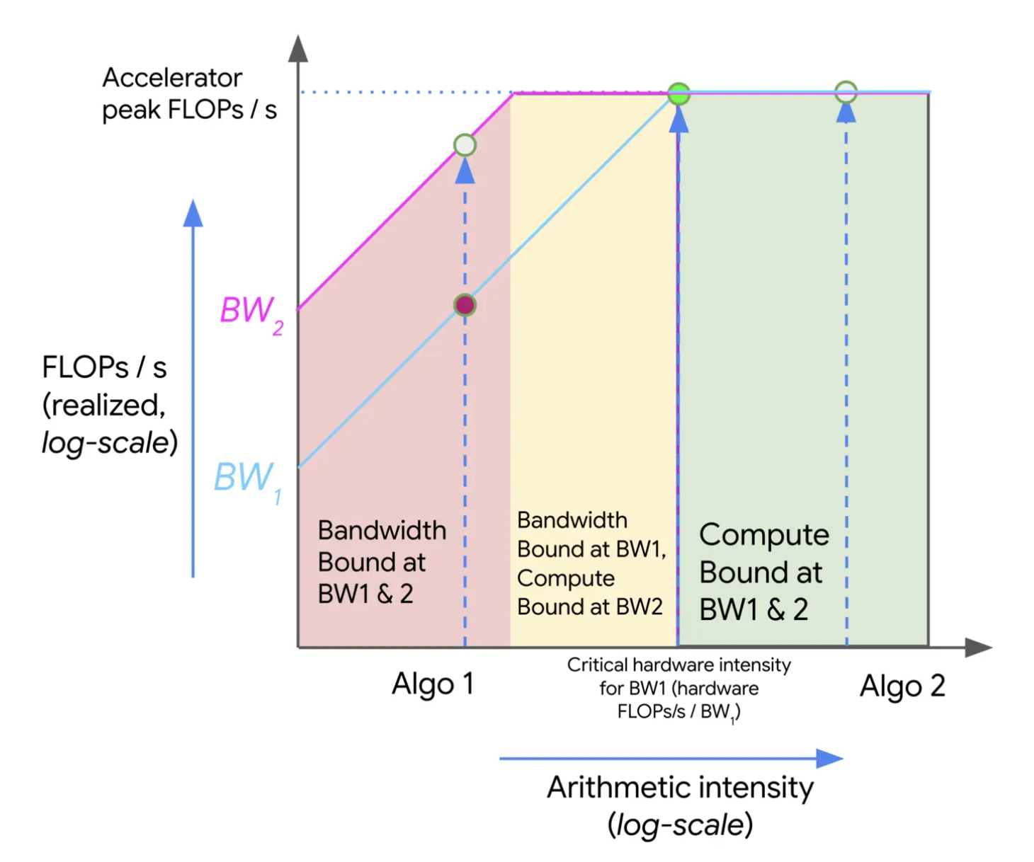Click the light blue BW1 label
pyautogui.click(x=246, y=479)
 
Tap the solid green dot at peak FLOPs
pyautogui.click(x=679, y=93)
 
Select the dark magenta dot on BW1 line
pyautogui.click(x=465, y=305)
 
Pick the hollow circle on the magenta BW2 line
pyautogui.click(x=465, y=145)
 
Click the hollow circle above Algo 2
pyautogui.click(x=846, y=92)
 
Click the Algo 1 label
pyautogui.click(x=433, y=684)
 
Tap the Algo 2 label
pyautogui.click(x=902, y=686)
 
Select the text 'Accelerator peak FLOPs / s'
pyautogui.click(x=189, y=93)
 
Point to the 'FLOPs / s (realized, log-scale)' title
pyautogui.click(x=109, y=405)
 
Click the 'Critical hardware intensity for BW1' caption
pyautogui.click(x=678, y=688)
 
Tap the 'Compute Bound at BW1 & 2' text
pyautogui.click(x=763, y=572)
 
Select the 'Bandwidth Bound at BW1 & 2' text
pyautogui.click(x=382, y=562)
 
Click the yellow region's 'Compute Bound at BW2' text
pyautogui.click(x=590, y=592)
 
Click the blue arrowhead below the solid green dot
pyautogui.click(x=678, y=120)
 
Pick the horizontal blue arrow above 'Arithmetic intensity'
pyautogui.click(x=671, y=759)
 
